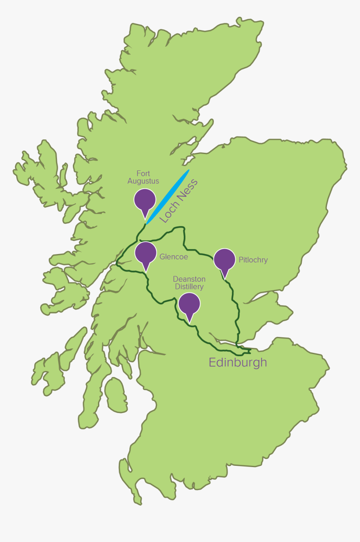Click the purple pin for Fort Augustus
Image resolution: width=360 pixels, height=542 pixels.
(145, 200)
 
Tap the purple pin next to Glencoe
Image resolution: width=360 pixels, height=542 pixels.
(146, 252)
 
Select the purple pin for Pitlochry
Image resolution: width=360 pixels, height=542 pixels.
(224, 259)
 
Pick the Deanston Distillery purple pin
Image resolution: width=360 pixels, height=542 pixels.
(189, 303)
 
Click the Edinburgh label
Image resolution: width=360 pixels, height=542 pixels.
(238, 362)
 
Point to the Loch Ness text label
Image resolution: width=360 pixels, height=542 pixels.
(179, 200)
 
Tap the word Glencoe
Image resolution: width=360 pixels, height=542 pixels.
(174, 257)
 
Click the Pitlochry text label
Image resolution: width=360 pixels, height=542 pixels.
(253, 260)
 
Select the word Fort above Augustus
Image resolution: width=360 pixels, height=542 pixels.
(143, 174)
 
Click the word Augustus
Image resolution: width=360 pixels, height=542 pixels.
(143, 181)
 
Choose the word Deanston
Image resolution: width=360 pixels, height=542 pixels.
(189, 279)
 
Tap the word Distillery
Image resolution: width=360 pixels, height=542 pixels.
(189, 287)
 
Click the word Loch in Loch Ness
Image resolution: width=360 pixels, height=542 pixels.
(170, 211)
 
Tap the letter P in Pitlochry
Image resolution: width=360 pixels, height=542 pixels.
(241, 260)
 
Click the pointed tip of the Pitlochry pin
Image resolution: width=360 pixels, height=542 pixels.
(225, 278)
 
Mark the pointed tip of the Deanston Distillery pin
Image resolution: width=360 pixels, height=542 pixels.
(190, 322)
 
